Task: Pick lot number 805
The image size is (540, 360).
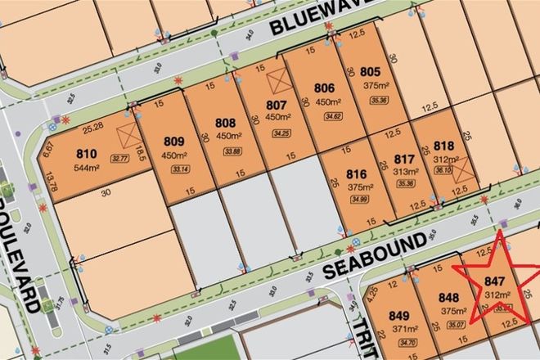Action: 371,70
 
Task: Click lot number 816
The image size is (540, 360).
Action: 356,174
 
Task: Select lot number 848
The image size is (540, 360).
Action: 449,297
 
